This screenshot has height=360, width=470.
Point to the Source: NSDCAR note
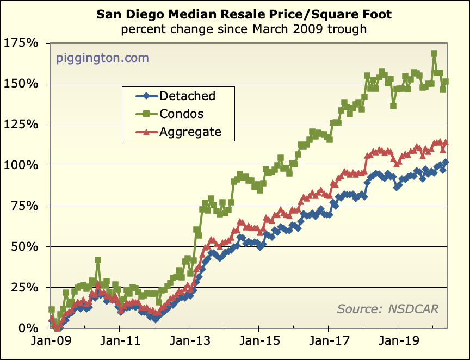tap(388, 309)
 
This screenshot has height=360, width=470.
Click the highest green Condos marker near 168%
tap(434, 54)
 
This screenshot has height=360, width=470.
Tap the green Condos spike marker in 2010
tap(98, 260)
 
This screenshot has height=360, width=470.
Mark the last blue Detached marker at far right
tap(446, 162)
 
